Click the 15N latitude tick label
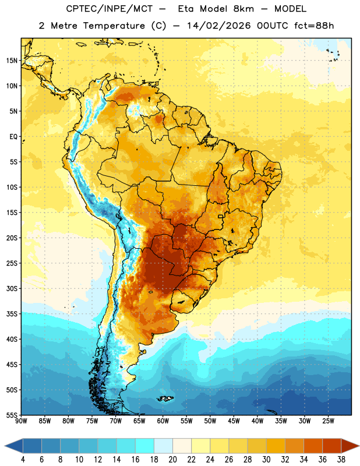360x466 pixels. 12,61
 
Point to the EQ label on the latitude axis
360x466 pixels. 13,137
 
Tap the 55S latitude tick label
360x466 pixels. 12,415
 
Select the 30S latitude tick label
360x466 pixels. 12,288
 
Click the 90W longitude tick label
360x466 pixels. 22,421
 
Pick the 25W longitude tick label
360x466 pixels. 328,421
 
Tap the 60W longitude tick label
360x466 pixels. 163,421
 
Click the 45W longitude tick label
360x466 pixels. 234,421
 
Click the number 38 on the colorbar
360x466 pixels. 341,460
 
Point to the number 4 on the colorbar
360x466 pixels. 23,460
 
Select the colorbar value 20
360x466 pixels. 172,460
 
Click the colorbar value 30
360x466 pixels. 266,460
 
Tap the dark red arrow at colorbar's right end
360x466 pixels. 350,446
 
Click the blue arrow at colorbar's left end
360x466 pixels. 14,446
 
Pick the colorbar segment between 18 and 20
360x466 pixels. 163,446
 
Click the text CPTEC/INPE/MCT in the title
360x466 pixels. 109,9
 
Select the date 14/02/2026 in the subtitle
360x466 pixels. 219,26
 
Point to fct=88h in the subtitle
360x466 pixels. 314,26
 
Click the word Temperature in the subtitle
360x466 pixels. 114,26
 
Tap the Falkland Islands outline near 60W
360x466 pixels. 165,398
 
